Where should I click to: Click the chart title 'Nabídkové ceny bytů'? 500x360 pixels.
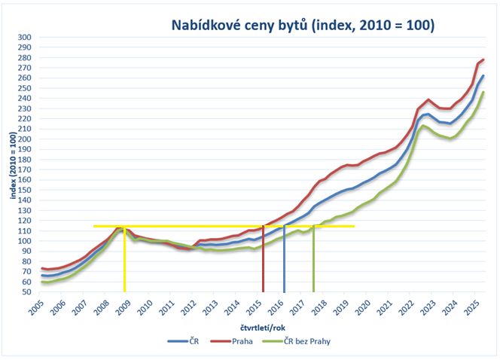pyautogui.click(x=302, y=25)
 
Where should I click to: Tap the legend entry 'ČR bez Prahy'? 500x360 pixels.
pyautogui.click(x=306, y=341)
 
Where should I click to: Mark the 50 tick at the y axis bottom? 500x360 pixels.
pyautogui.click(x=26, y=292)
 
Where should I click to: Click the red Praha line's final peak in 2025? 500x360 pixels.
pyautogui.click(x=483, y=59)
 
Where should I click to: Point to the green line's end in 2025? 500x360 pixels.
pyautogui.click(x=483, y=93)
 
